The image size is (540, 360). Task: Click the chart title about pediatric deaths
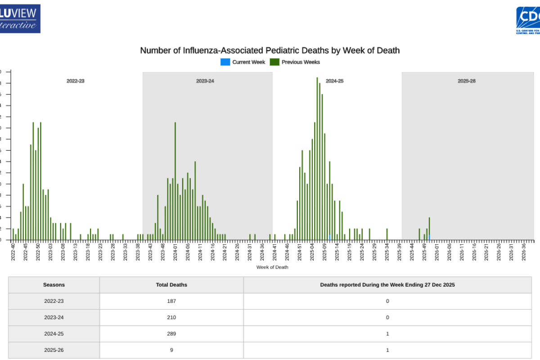[x=270, y=50]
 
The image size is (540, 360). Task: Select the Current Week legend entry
[x=243, y=62]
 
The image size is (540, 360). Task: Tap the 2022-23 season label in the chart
[x=76, y=81]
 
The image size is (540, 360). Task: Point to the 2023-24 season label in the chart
[x=205, y=81]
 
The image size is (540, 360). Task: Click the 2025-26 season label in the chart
[x=467, y=81]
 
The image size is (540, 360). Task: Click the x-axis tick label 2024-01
[x=175, y=250]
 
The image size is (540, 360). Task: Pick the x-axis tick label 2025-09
[x=324, y=250]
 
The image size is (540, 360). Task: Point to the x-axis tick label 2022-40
[x=13, y=250]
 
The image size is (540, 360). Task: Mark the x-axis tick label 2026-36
[x=524, y=250]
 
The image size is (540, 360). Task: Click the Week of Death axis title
[x=272, y=267]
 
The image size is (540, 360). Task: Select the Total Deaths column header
[x=171, y=285]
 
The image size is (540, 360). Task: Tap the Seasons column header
[x=54, y=285]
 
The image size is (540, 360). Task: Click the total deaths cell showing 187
[x=171, y=301]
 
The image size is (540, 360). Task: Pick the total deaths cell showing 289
[x=171, y=334]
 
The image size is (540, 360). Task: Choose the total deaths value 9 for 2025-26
[x=171, y=350]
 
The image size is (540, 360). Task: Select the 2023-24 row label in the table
[x=54, y=317]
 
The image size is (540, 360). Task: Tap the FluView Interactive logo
[x=20, y=18]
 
